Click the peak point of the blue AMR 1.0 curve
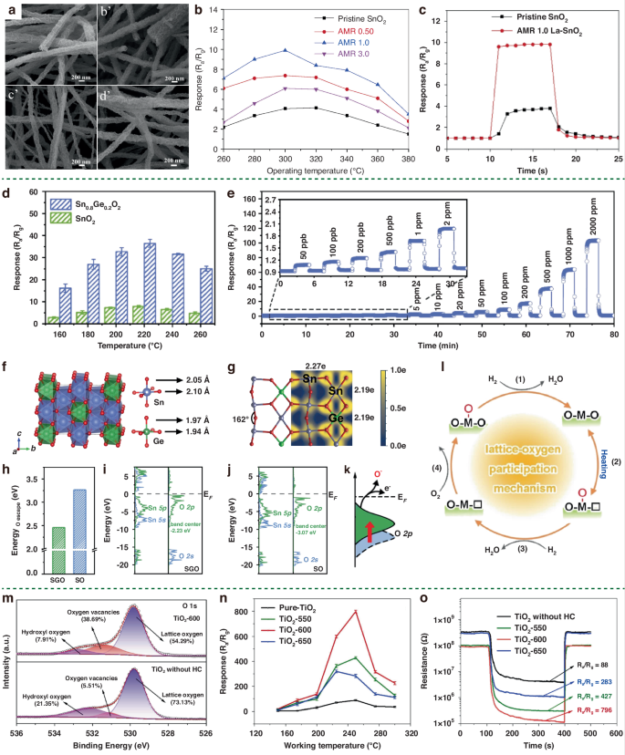pyautogui.click(x=285, y=50)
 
